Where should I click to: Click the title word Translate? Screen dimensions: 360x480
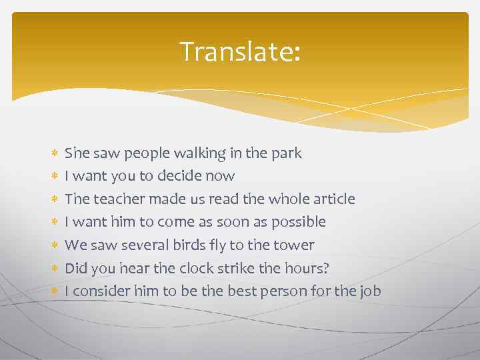[239, 51]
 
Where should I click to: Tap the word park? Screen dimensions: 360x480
[287, 153]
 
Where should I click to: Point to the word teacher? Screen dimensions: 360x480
[119, 199]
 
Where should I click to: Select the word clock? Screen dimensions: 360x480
[198, 268]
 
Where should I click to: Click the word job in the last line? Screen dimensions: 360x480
[370, 291]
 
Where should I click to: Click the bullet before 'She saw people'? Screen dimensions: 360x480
[54, 154]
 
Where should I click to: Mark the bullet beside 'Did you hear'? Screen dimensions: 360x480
[54, 268]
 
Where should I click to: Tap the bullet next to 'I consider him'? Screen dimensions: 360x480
[54, 291]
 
